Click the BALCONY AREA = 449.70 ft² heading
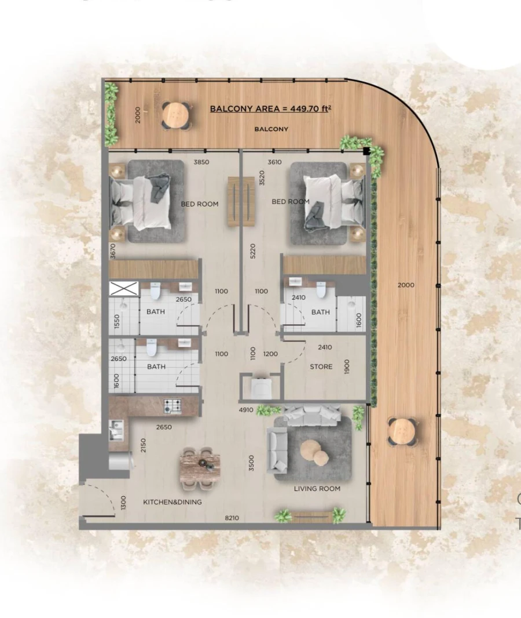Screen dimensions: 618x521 270,108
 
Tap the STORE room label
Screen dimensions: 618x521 321,366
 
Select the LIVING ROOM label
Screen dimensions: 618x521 317,489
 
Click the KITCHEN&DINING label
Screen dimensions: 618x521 173,502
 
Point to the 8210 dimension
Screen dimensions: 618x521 233,518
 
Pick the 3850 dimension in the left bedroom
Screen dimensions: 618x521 201,162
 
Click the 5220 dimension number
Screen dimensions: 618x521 252,251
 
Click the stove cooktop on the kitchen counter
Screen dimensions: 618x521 173,406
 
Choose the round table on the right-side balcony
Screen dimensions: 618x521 402,431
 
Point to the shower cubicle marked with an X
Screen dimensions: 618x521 124,288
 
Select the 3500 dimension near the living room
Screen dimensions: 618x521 252,463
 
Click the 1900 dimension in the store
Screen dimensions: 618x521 347,366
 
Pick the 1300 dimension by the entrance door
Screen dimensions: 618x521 123,502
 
